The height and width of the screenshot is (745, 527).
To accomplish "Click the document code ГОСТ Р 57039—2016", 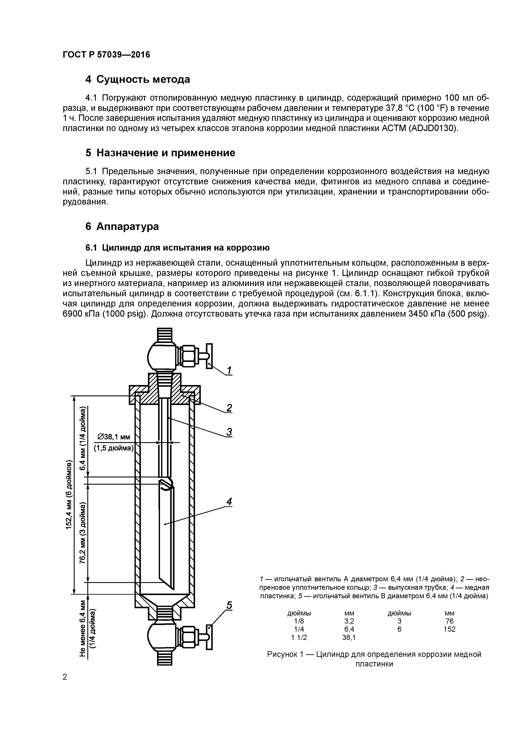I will pos(106,55).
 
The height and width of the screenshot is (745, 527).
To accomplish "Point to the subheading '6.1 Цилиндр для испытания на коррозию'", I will pos(177,248).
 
